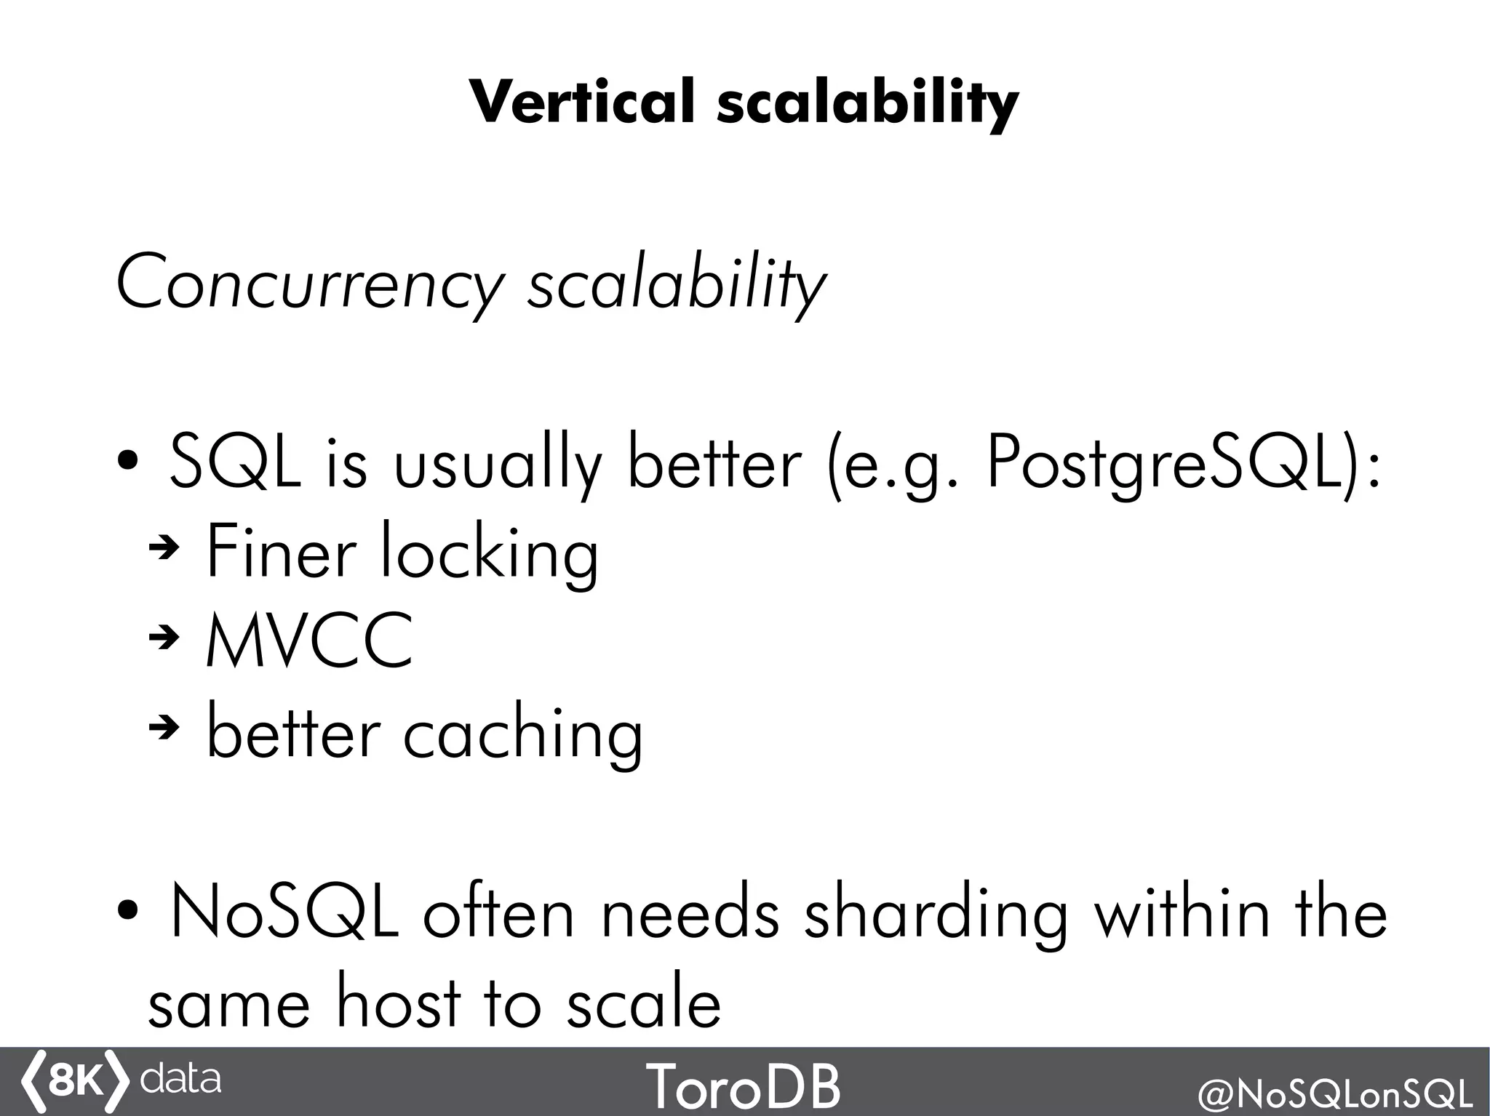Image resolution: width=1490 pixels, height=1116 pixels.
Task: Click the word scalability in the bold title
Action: (x=867, y=103)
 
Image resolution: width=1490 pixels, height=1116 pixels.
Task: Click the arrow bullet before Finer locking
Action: (x=164, y=550)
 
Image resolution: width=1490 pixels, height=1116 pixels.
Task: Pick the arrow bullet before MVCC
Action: (x=164, y=638)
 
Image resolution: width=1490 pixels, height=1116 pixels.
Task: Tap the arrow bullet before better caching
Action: (x=164, y=728)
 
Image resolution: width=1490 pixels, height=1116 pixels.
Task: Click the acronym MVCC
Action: (x=310, y=641)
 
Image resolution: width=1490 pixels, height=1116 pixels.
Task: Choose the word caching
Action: (x=523, y=733)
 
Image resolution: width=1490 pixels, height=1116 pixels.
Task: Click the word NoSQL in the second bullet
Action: (x=284, y=912)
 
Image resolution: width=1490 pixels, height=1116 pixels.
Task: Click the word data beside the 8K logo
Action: (x=180, y=1079)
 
